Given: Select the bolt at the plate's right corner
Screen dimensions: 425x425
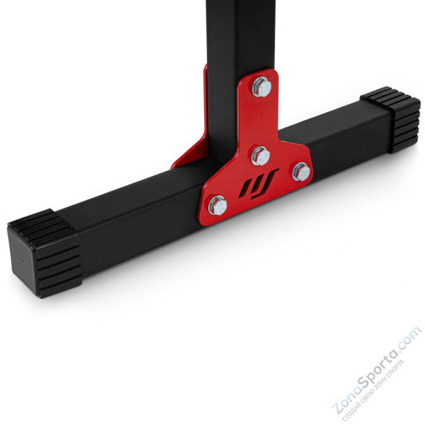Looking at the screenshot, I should click(x=301, y=172).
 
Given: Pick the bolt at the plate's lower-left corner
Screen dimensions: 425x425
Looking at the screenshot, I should click(x=218, y=205).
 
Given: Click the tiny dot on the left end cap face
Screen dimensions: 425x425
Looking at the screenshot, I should click(x=22, y=256).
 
